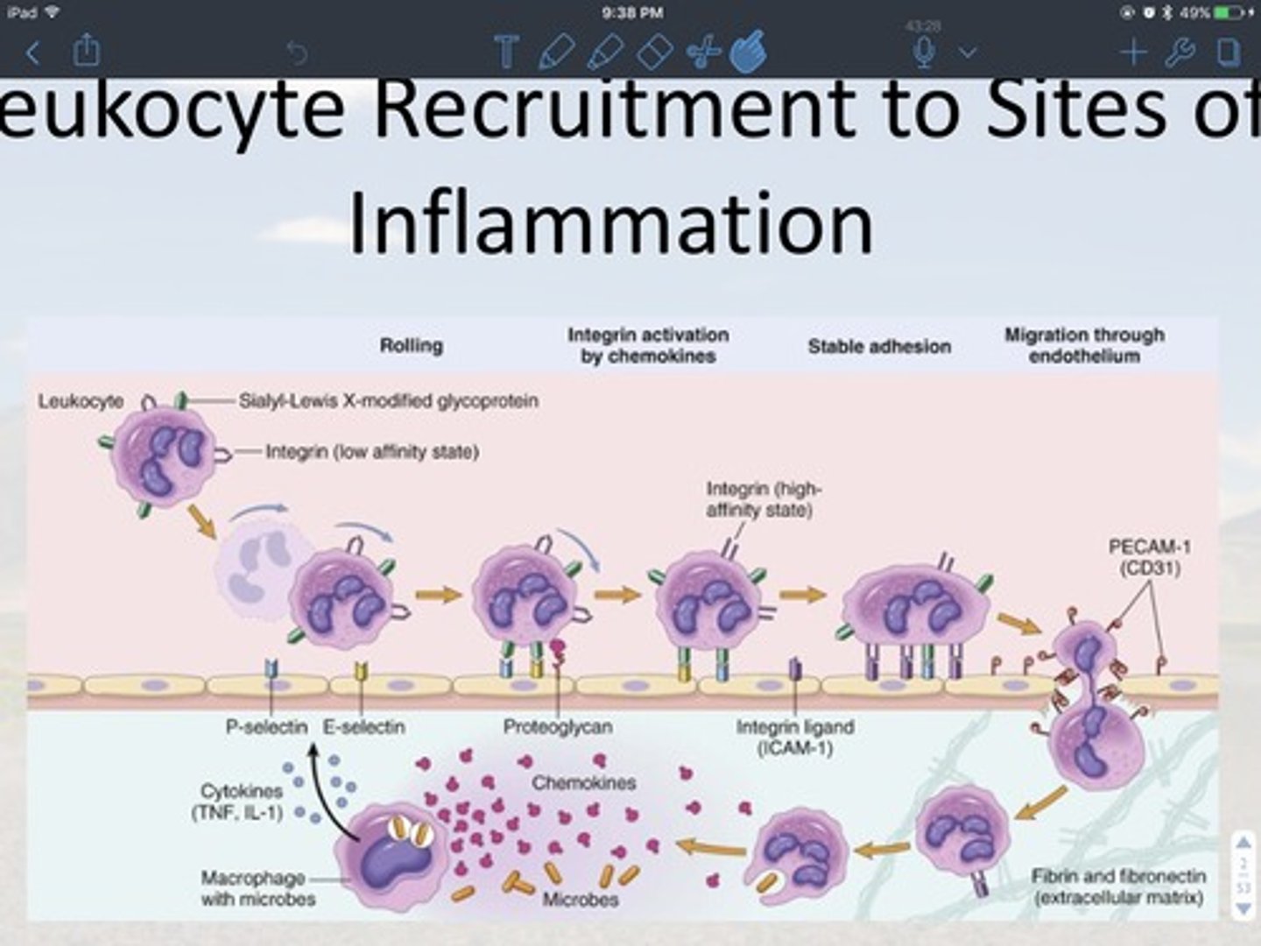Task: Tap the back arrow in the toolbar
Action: pos(33,53)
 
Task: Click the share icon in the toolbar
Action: pos(86,50)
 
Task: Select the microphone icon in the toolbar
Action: pos(923,52)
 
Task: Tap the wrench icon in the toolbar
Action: pos(1180,53)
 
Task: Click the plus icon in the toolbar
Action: pos(1133,53)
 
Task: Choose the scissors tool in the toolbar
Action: pos(702,53)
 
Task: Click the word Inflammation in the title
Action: pos(610,223)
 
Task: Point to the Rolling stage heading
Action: pos(411,346)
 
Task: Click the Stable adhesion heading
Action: pos(878,347)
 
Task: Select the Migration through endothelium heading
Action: pos(1084,345)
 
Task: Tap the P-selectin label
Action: pos(266,727)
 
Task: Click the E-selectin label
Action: pos(363,727)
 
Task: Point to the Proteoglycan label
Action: pos(557,727)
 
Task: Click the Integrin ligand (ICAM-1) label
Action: pos(794,737)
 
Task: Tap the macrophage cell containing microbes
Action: pos(393,854)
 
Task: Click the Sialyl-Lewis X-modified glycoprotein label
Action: pos(388,401)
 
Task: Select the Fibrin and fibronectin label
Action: pos(1118,886)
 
